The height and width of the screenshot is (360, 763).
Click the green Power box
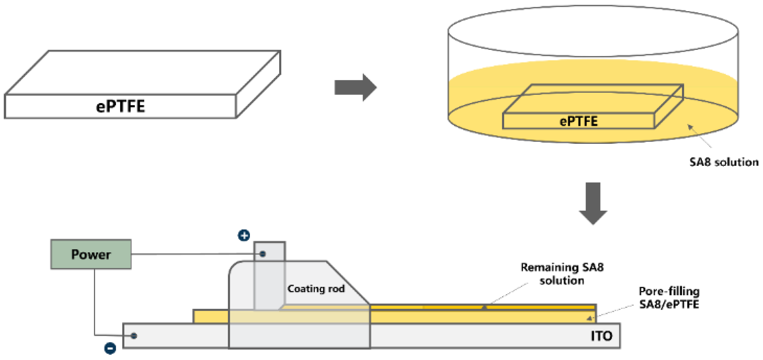coord(91,254)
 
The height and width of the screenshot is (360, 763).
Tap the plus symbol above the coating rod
coord(244,235)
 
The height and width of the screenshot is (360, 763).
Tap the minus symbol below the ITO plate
coord(110,348)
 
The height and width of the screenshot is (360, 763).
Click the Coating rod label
coord(316,288)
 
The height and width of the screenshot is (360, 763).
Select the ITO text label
coord(601,336)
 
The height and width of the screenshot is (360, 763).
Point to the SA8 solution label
coord(724,162)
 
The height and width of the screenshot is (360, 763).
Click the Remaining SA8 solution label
coord(562,274)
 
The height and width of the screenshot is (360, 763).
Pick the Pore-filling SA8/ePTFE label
coord(669,298)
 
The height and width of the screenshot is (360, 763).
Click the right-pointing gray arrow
coord(356,87)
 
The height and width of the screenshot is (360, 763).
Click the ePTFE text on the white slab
coord(120,106)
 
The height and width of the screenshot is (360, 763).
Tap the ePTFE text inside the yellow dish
coord(578,121)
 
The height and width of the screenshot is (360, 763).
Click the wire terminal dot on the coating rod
coord(262,254)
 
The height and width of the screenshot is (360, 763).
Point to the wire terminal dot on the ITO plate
coord(134,336)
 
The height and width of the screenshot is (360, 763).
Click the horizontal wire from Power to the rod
coord(193,254)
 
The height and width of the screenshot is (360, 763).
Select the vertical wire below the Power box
coord(94,302)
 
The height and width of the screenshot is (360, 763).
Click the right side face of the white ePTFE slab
coord(258,85)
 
